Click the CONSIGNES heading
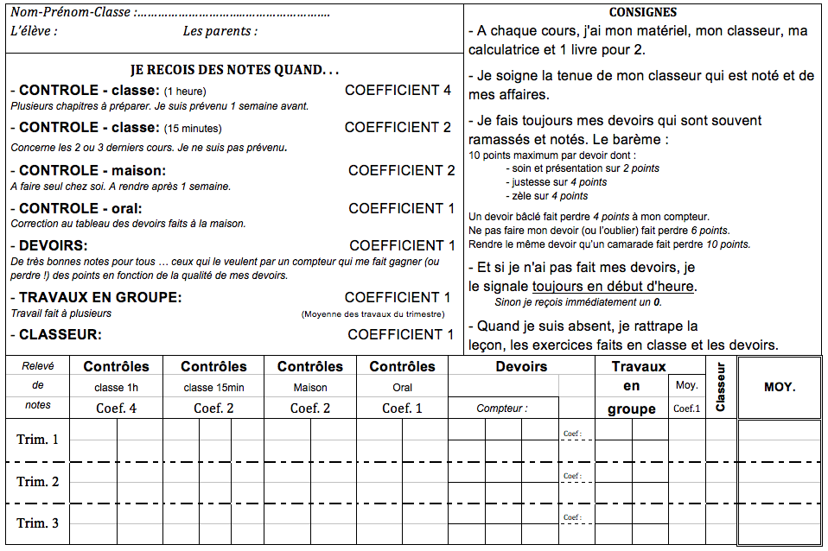click(643, 12)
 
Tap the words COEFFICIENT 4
click(398, 90)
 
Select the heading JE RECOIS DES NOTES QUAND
click(233, 70)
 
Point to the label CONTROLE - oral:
click(80, 208)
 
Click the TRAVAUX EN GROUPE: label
click(100, 297)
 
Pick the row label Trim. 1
click(38, 440)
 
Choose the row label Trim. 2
click(38, 481)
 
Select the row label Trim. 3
click(38, 522)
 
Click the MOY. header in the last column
click(780, 387)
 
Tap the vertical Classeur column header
click(721, 386)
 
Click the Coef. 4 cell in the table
click(116, 408)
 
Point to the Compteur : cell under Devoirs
click(502, 408)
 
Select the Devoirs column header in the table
click(521, 366)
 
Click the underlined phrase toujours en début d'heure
click(614, 286)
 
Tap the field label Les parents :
click(220, 31)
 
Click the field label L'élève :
click(35, 31)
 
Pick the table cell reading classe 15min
click(213, 388)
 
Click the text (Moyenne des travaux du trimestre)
click(373, 314)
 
